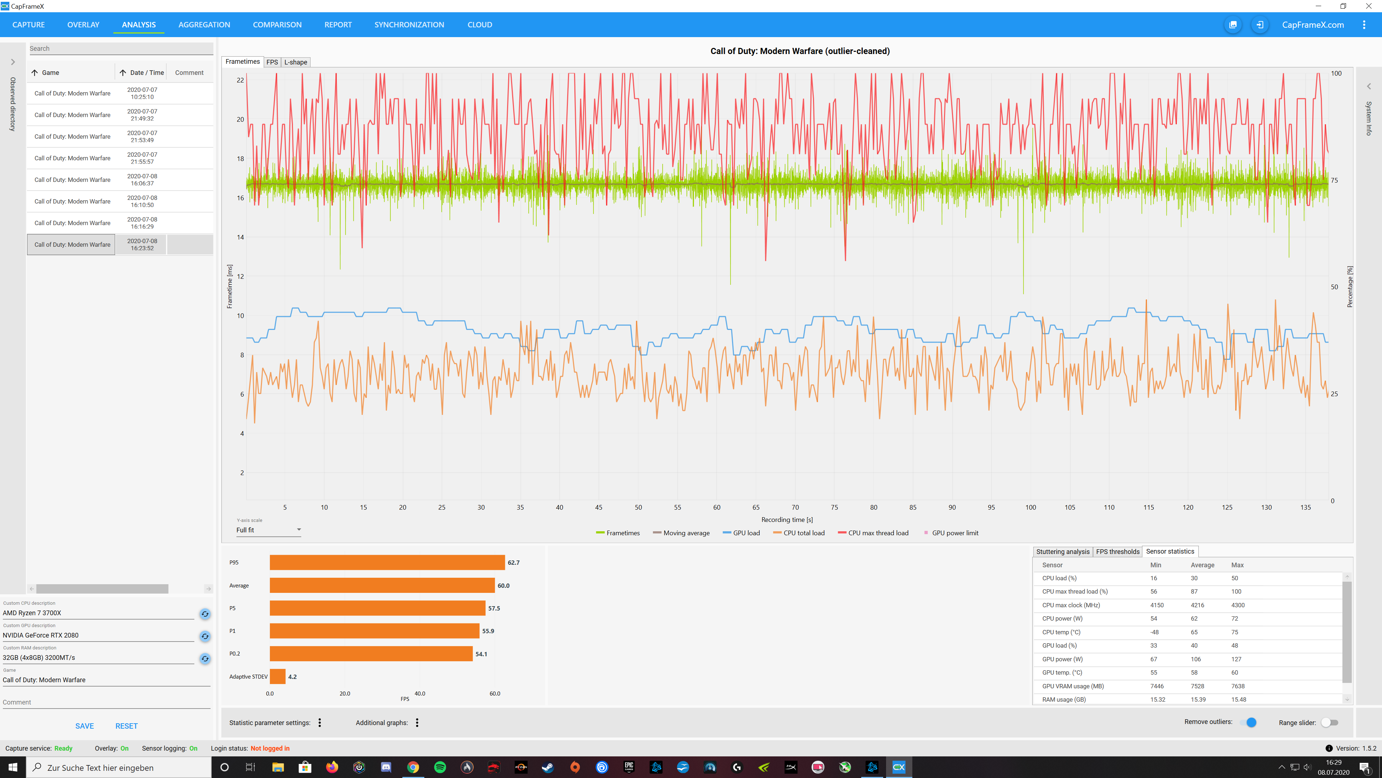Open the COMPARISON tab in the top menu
(277, 25)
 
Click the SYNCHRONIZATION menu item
(409, 25)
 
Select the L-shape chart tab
(295, 62)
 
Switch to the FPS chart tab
(272, 62)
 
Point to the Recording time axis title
(786, 520)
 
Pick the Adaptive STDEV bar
(277, 676)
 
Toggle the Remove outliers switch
(1249, 722)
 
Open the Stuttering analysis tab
(1062, 551)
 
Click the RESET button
(126, 726)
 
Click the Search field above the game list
(121, 48)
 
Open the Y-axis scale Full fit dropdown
(268, 530)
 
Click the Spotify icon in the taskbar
(439, 767)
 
